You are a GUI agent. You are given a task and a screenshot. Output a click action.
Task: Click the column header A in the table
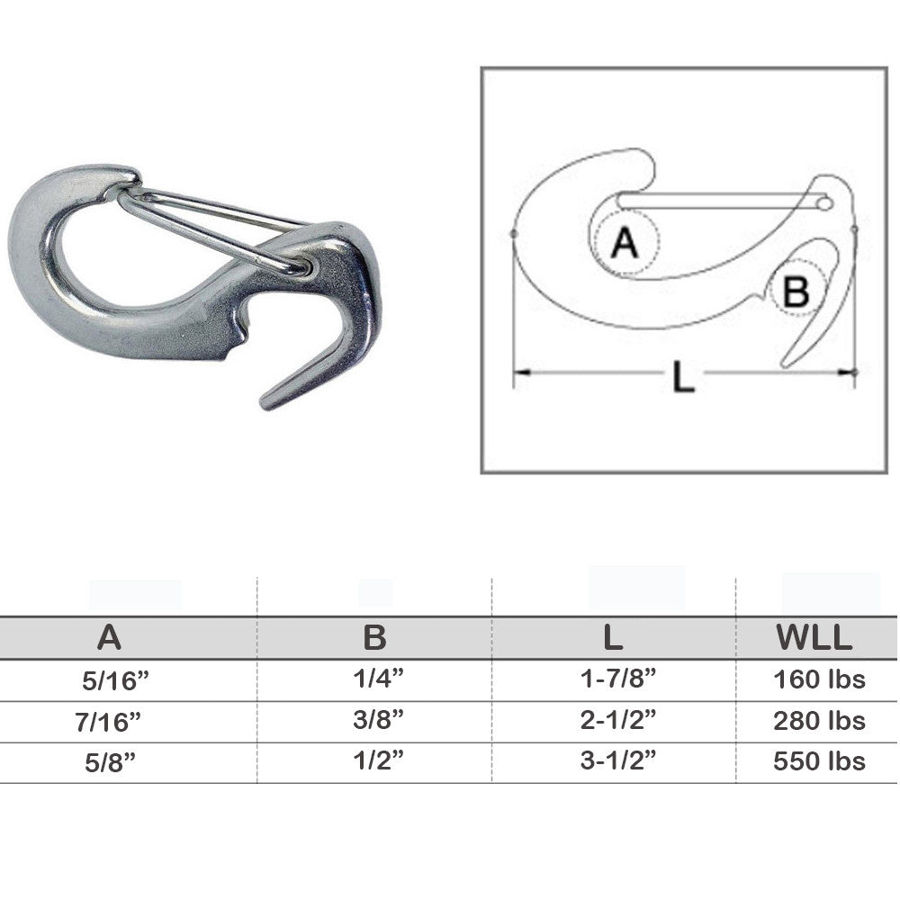[109, 637]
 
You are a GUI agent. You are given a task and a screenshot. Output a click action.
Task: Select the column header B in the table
[374, 637]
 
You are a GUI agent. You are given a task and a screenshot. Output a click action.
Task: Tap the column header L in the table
[613, 637]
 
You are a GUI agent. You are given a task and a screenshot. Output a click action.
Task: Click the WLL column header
[814, 637]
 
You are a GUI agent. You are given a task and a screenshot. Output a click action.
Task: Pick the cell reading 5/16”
[115, 680]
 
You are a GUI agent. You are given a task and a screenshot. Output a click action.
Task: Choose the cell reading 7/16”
[108, 722]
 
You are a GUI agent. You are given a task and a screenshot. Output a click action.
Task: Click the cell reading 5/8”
[110, 762]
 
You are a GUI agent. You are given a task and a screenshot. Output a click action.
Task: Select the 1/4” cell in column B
[378, 679]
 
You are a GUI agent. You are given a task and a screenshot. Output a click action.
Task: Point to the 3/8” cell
[378, 719]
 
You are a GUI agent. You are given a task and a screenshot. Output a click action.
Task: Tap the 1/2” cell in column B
[378, 760]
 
